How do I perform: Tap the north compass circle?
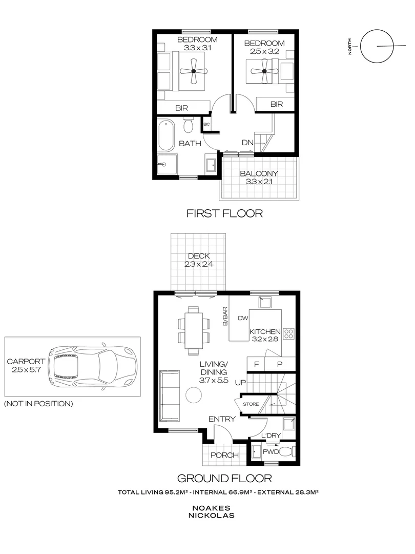click(x=376, y=46)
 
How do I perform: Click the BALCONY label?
click(x=259, y=173)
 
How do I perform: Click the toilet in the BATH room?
click(x=188, y=125)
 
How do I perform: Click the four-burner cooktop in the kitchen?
click(x=288, y=334)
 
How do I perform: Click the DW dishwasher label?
click(x=242, y=319)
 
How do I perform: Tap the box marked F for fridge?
click(x=256, y=364)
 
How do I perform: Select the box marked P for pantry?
click(x=280, y=364)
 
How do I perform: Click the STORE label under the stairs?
click(x=251, y=404)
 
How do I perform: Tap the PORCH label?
click(x=224, y=454)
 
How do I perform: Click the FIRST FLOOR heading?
click(x=225, y=213)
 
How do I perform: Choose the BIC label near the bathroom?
click(x=206, y=124)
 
